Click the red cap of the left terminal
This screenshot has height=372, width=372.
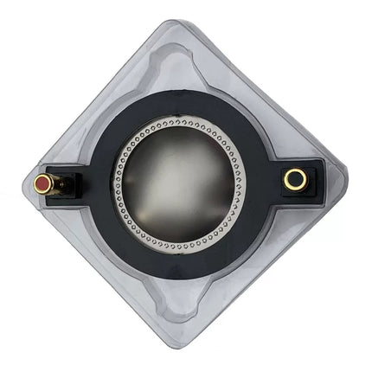click(x=42, y=183)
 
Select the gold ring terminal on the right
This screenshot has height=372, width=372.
click(x=295, y=179)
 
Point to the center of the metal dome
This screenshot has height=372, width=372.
click(x=178, y=186)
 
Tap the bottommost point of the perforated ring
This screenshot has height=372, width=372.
click(x=178, y=249)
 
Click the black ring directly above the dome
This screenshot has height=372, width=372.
click(x=178, y=108)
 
